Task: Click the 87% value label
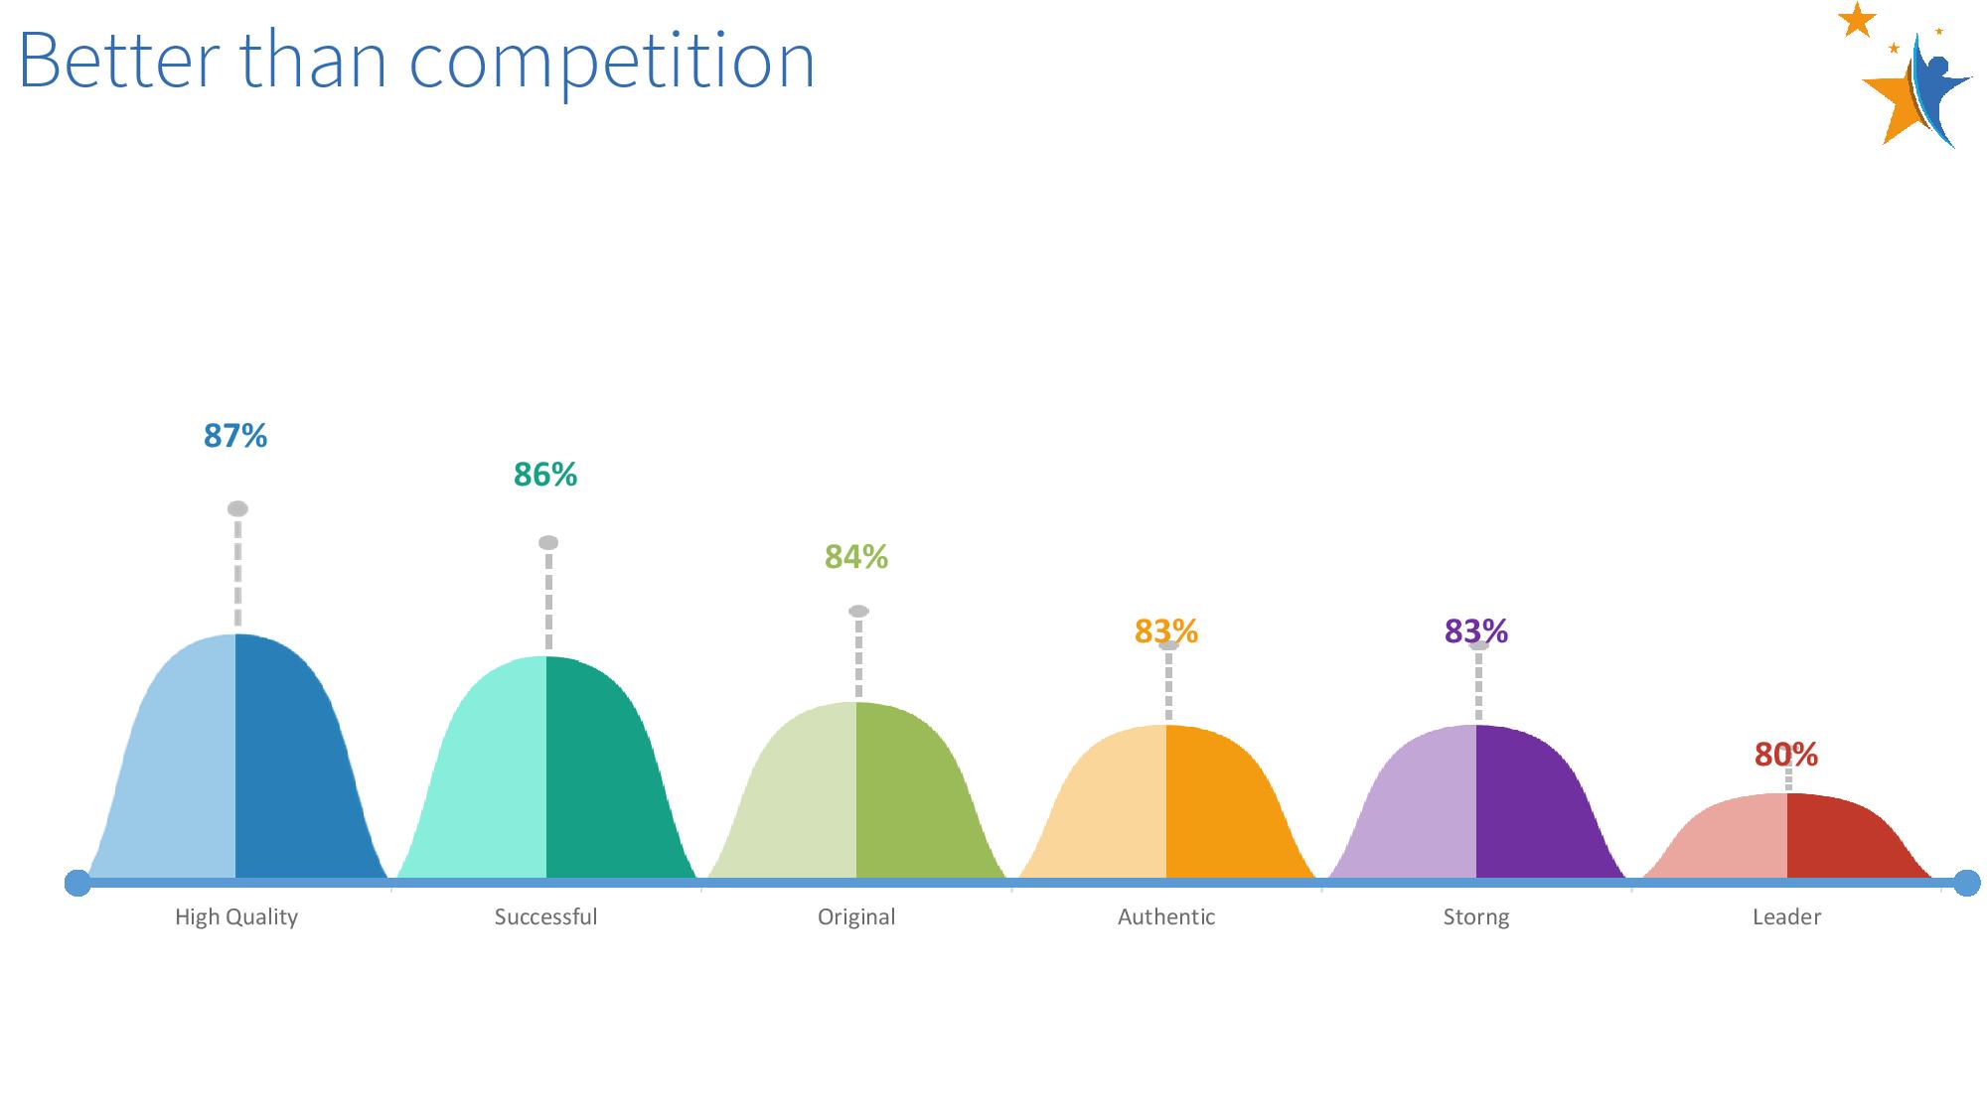tap(235, 436)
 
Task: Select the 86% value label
tap(545, 475)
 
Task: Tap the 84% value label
tap(856, 557)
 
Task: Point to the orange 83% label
tap(1166, 631)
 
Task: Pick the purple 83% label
tap(1476, 631)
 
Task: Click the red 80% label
tap(1786, 756)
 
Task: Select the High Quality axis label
tap(236, 917)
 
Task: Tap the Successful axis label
tap(546, 916)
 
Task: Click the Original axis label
tap(856, 917)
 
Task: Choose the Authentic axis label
tap(1166, 916)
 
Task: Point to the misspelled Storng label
tap(1476, 917)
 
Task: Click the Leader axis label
tap(1786, 916)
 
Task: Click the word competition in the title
tap(612, 62)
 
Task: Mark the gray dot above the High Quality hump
tap(237, 509)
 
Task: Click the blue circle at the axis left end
tap(77, 883)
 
